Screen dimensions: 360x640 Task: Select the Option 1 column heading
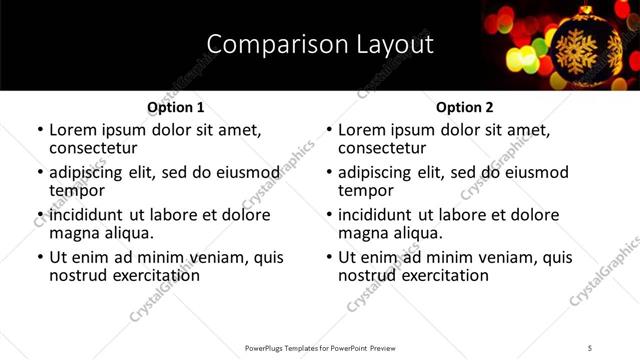(176, 107)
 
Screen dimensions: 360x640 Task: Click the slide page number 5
(590, 348)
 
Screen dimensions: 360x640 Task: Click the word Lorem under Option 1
(73, 130)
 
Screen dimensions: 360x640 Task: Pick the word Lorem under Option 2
(362, 130)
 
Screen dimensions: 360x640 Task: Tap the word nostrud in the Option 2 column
(369, 275)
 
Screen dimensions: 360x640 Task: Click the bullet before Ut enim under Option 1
(39, 257)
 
